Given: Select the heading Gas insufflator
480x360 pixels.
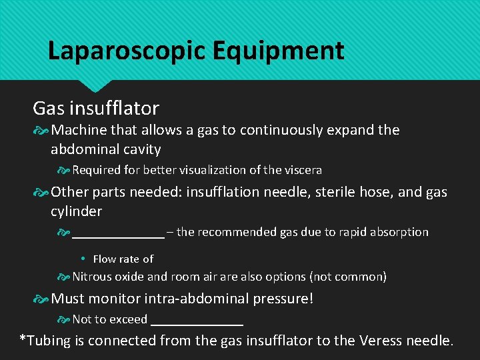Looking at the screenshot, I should coord(96,108).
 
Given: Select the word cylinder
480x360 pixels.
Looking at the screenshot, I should coord(76,211).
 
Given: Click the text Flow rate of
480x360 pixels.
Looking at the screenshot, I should coord(123,259).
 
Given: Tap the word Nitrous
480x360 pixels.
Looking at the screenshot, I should coord(93,277).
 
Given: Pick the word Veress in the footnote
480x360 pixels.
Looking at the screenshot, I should coord(381,341).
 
